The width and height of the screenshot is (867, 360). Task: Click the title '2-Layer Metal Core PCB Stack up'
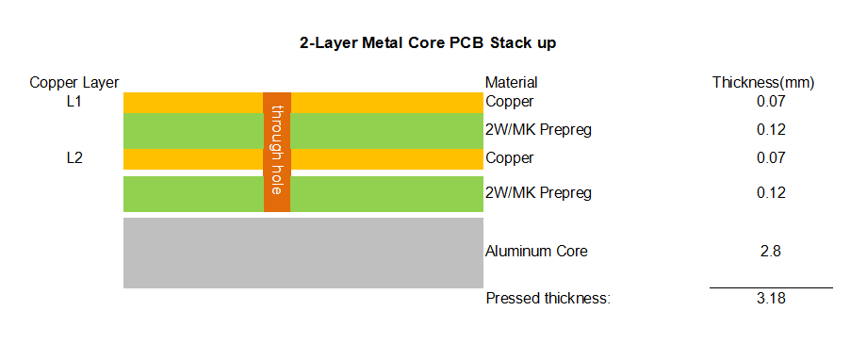428,43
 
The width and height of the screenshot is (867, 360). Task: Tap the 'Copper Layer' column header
74,83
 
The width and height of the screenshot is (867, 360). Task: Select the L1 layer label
74,102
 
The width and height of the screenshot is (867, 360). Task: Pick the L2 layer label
74,158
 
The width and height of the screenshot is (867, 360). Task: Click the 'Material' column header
511,83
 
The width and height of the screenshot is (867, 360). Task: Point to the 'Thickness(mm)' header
763,83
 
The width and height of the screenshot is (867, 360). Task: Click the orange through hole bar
277,152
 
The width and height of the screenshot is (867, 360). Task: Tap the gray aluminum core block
303,253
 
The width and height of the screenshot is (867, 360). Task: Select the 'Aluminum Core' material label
536,252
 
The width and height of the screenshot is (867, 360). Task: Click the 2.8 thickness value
770,252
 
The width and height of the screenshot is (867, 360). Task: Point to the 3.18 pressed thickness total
770,299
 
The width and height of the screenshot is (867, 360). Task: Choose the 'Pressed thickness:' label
548,299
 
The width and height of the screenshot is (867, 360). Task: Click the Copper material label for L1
509,102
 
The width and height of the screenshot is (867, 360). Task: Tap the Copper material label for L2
509,158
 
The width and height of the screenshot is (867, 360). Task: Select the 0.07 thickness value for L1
770,102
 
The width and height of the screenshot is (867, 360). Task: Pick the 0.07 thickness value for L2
770,158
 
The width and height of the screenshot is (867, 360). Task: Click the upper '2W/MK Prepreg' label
538,130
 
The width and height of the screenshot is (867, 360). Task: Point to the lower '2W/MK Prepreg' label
538,193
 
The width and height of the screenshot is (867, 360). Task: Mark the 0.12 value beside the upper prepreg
770,130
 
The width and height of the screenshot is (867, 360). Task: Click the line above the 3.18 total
771,287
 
